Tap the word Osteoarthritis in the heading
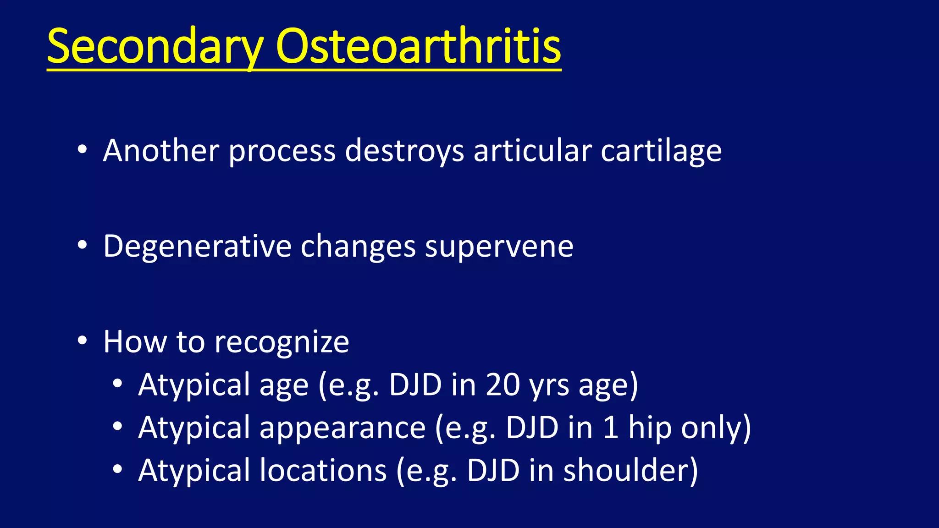click(418, 46)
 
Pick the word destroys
click(404, 151)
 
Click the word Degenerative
click(197, 247)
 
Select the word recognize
click(282, 342)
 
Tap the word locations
click(323, 470)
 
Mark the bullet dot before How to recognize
click(82, 341)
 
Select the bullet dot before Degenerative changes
click(82, 246)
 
